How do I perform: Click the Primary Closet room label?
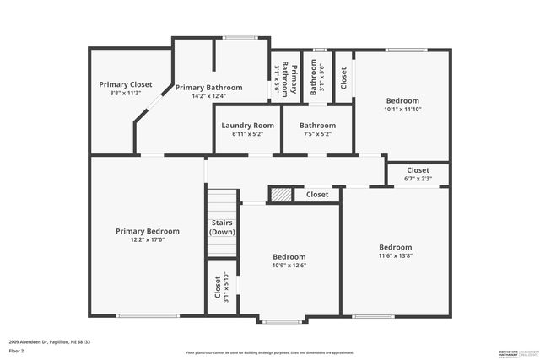tap(125, 84)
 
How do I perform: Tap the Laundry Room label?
tap(248, 126)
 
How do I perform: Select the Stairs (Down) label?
tap(222, 227)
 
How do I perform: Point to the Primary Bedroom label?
tap(148, 231)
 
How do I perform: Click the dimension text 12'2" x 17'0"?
tap(148, 240)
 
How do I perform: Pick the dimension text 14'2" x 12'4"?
tap(208, 95)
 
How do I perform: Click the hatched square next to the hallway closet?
tap(280, 195)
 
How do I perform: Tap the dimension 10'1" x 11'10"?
tap(402, 109)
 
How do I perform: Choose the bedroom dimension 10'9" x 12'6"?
tap(289, 265)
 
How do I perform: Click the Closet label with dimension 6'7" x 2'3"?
tap(418, 170)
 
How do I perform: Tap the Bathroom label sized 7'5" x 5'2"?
tap(317, 126)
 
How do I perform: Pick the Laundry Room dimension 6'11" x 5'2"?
tap(248, 133)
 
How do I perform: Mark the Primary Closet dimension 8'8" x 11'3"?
tap(125, 93)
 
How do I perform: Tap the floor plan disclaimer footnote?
tap(270, 352)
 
